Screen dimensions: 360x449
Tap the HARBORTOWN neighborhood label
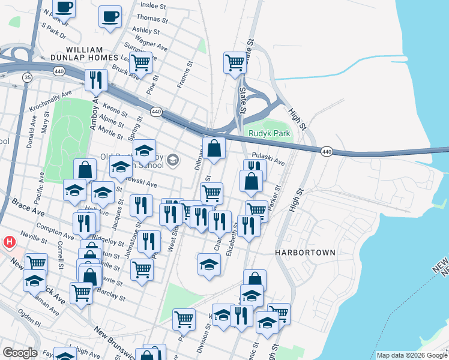[x=305, y=253]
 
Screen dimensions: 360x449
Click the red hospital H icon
[x=10, y=242]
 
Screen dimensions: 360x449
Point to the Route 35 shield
[x=27, y=77]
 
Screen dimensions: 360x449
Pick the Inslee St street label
[x=152, y=6]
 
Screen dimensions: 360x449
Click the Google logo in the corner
[x=20, y=353]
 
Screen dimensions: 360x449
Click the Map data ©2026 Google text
[x=412, y=355]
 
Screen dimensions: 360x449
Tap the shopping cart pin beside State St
[x=235, y=62]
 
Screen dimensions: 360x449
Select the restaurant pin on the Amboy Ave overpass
[x=96, y=80]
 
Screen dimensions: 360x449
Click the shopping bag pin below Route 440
[x=214, y=149]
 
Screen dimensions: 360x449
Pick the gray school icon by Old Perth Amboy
[x=173, y=159]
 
